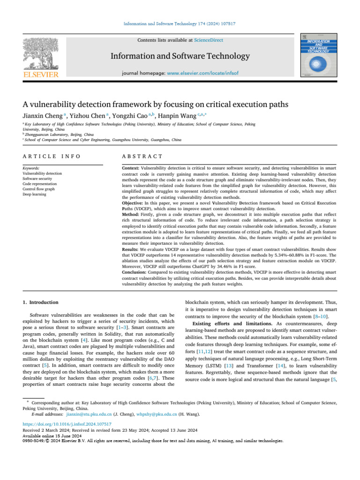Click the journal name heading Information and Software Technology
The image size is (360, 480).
click(180, 56)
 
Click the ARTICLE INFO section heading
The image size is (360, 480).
click(52, 156)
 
